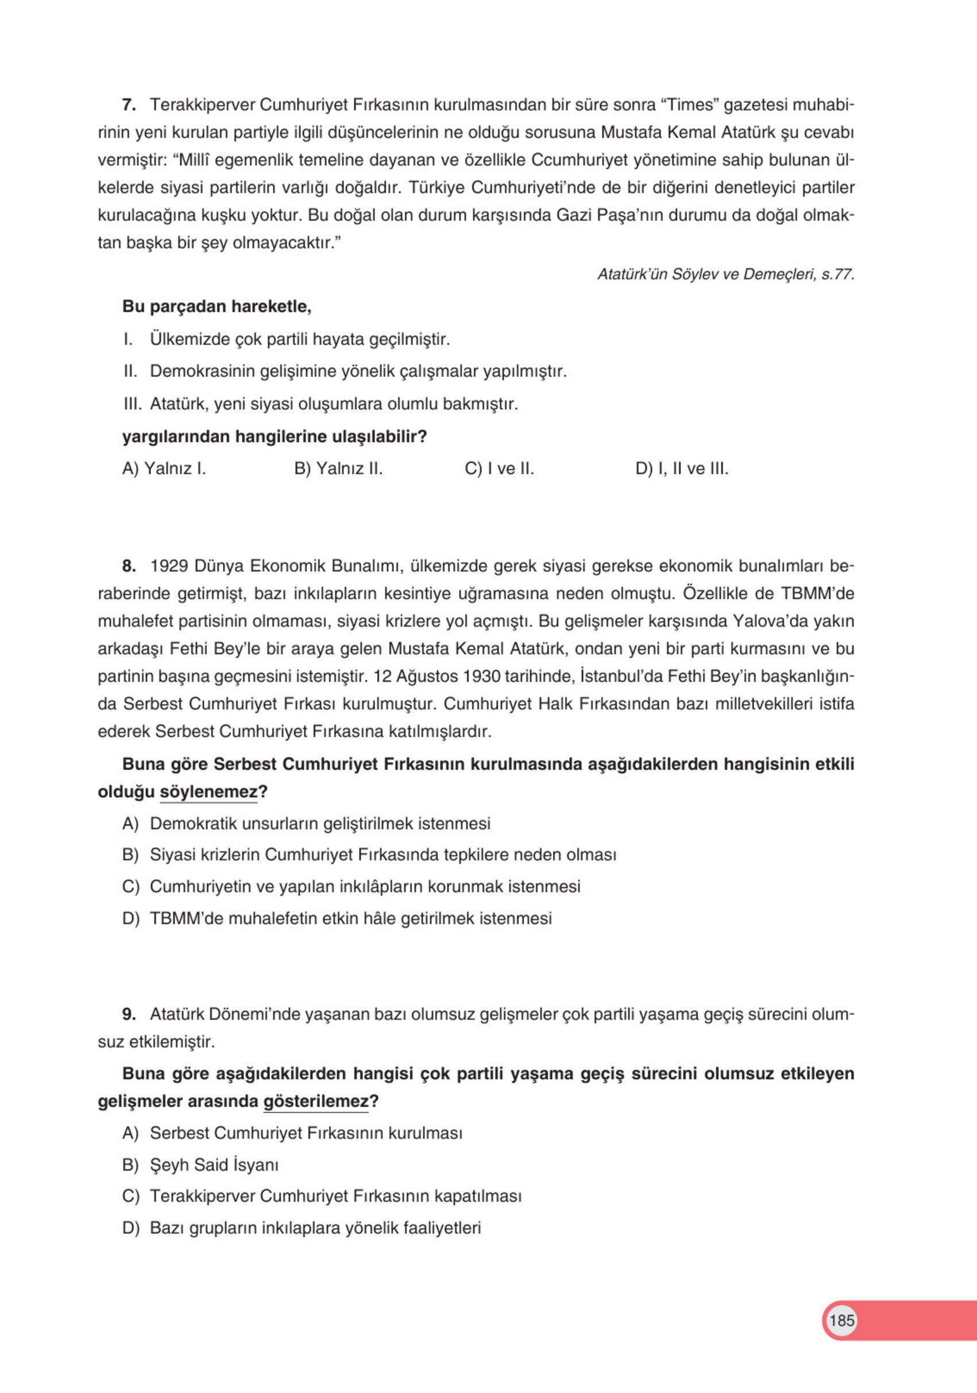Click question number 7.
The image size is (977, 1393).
128,105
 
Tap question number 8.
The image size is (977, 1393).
128,566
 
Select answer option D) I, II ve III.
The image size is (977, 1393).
682,469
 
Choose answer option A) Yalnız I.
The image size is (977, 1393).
164,469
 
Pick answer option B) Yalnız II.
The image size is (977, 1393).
338,469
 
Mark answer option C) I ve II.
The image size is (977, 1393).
499,469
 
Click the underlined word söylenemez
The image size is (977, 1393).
208,792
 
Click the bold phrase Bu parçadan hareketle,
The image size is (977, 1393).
217,306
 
